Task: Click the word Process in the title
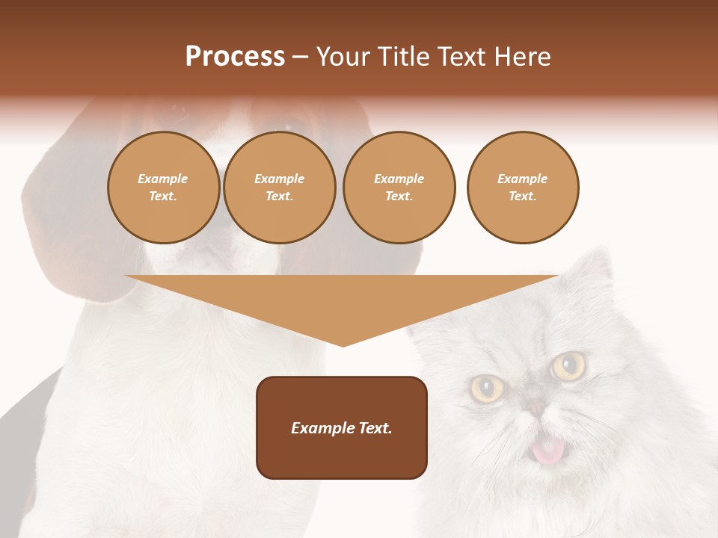pyautogui.click(x=235, y=57)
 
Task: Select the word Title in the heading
pyautogui.click(x=405, y=57)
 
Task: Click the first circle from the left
pyautogui.click(x=163, y=188)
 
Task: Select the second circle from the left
pyautogui.click(x=280, y=188)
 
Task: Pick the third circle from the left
pyautogui.click(x=399, y=188)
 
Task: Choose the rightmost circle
pyautogui.click(x=523, y=188)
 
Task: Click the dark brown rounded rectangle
pyautogui.click(x=342, y=427)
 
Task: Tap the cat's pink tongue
pyautogui.click(x=548, y=450)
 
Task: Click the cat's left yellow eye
pyautogui.click(x=487, y=388)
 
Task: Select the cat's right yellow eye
pyautogui.click(x=569, y=365)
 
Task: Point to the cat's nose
pyautogui.click(x=536, y=408)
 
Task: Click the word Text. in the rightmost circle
pyautogui.click(x=523, y=197)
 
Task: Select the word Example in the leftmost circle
pyautogui.click(x=163, y=179)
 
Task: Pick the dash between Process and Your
pyautogui.click(x=301, y=58)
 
